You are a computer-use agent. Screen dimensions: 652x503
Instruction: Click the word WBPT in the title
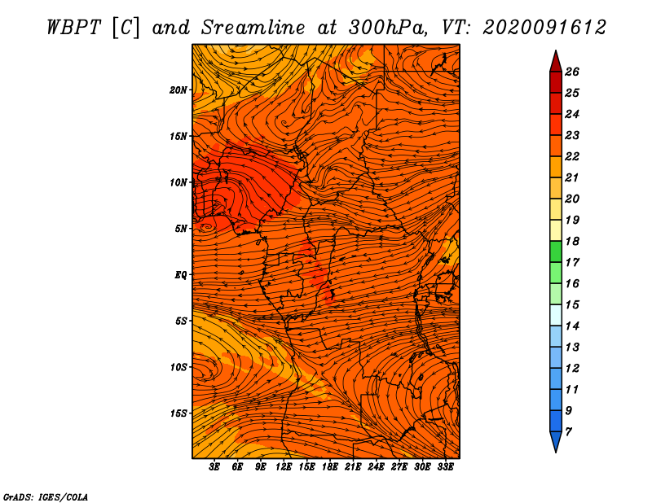point(73,28)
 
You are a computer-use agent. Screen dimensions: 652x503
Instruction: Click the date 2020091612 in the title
point(544,28)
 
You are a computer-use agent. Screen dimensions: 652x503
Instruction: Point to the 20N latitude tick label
point(178,90)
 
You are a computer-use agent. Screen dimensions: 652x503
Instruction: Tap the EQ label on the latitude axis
point(180,275)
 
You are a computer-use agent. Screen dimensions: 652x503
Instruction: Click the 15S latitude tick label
point(178,413)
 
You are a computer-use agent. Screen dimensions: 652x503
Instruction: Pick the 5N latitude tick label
point(181,229)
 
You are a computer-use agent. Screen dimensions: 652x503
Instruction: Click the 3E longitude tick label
point(214,466)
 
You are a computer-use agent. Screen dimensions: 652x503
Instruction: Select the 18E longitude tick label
point(330,466)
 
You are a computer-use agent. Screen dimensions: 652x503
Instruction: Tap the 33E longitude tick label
point(445,466)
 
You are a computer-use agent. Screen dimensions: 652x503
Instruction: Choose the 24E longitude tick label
point(376,466)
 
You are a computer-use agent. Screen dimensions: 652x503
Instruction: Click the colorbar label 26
point(572,72)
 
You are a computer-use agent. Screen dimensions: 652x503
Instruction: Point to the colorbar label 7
point(568,431)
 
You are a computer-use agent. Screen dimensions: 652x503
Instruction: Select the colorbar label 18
point(572,241)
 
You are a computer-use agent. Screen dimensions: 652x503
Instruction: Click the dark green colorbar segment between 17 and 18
point(556,251)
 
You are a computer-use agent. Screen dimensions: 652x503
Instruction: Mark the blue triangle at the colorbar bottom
point(556,440)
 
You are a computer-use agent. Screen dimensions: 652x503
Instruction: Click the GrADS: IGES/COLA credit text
point(46,496)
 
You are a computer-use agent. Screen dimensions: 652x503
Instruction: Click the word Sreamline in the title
point(253,28)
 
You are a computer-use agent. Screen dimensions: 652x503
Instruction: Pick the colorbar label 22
point(572,156)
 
